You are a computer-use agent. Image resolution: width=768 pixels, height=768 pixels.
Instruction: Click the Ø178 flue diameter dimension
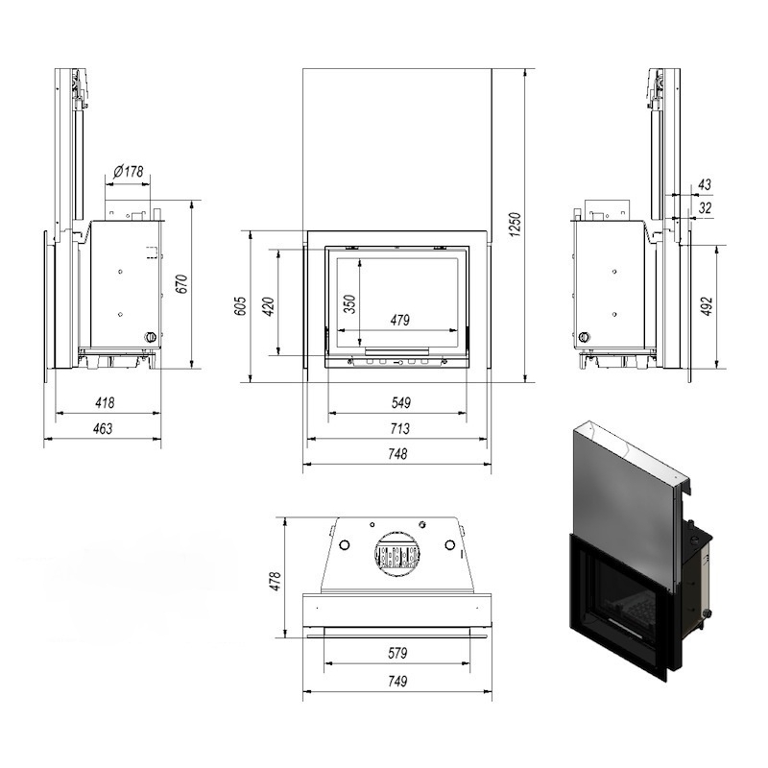129,172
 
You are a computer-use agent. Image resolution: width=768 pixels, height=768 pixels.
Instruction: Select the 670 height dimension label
181,284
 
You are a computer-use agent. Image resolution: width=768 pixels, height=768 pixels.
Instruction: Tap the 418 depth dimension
105,402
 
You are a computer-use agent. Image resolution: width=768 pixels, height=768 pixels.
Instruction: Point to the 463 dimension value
103,428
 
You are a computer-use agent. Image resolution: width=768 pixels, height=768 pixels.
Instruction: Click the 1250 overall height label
515,225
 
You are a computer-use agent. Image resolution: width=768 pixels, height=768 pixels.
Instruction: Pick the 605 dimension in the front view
241,305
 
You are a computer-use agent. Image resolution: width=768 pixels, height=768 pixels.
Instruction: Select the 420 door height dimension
269,306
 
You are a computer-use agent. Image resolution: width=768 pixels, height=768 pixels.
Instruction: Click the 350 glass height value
349,304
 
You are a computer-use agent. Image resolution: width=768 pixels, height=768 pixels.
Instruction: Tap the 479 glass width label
399,321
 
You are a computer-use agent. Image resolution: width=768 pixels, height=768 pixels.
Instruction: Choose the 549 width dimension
400,402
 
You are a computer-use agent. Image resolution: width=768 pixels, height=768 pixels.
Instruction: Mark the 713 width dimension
399,428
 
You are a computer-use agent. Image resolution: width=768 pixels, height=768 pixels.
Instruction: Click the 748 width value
397,454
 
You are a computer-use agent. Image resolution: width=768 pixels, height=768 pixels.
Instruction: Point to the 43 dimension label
705,184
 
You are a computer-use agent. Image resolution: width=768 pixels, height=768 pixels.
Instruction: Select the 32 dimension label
705,207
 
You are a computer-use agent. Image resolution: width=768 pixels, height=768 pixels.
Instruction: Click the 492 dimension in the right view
707,306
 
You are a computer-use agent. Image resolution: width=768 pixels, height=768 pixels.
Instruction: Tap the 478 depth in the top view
276,581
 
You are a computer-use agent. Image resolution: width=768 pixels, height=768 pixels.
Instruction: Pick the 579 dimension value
397,653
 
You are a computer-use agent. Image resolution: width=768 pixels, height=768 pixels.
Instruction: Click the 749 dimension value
397,682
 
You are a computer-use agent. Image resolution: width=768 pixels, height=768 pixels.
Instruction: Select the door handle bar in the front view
396,350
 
